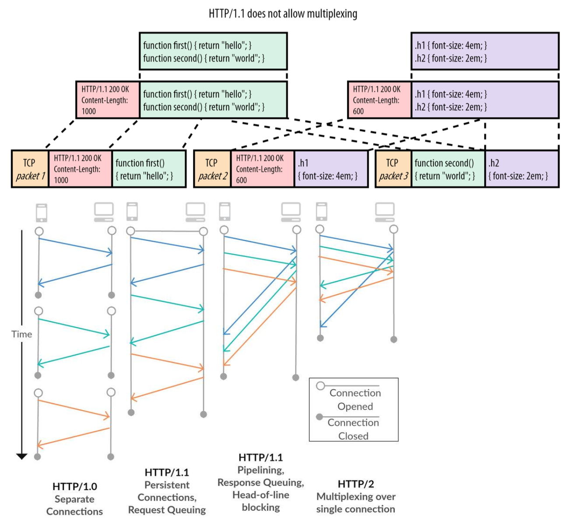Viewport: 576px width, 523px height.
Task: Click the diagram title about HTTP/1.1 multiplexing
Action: coord(283,14)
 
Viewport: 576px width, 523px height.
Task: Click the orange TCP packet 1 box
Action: coord(30,169)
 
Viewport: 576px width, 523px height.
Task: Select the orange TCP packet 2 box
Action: coord(212,169)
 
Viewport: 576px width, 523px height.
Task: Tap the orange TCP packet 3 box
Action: coord(393,169)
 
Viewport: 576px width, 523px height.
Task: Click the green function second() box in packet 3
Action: coord(448,169)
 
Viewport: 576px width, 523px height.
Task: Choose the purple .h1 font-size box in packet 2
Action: coord(331,169)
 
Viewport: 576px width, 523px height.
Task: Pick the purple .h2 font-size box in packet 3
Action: coord(522,169)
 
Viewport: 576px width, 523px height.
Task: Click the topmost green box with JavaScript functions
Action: coord(213,51)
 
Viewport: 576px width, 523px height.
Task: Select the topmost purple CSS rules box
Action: coord(485,51)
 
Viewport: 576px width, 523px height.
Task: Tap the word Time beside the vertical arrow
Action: coord(21,335)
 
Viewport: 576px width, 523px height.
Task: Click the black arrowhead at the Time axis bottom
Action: coord(21,457)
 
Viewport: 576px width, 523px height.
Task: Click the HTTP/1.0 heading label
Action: coord(74,487)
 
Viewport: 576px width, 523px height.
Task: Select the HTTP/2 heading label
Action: coord(356,484)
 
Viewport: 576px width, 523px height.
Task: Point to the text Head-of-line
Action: coord(261,495)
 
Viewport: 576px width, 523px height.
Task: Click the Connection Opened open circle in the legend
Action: coord(320,386)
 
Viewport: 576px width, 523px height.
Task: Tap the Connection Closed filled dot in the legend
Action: coord(320,417)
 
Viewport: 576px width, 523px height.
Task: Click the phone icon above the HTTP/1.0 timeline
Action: coord(42,213)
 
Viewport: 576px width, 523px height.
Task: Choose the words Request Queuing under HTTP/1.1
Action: coord(167,510)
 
